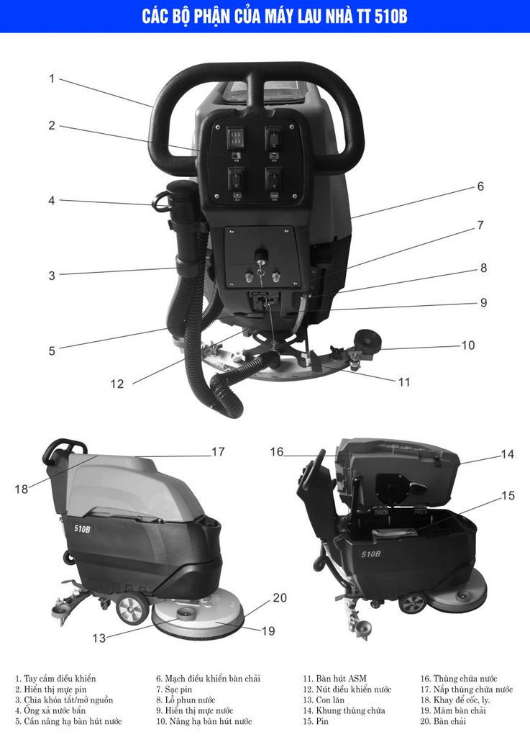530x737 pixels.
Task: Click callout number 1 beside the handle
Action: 52,78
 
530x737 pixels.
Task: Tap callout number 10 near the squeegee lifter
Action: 468,345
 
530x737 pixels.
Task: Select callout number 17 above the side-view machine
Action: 219,452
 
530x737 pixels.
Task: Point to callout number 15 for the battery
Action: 508,495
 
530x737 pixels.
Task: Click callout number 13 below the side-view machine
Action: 99,638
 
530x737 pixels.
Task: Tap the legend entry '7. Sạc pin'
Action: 174,689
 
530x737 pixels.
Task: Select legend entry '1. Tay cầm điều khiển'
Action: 55,679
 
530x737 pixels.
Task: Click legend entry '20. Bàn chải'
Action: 443,721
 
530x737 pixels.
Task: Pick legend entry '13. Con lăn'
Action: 324,700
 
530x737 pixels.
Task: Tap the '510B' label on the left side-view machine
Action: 82,529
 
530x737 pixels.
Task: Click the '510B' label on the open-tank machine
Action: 371,554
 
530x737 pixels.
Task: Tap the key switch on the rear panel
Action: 260,256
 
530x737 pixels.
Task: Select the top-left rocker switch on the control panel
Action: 235,137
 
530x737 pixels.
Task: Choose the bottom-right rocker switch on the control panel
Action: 273,179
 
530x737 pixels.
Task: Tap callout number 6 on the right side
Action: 480,186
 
